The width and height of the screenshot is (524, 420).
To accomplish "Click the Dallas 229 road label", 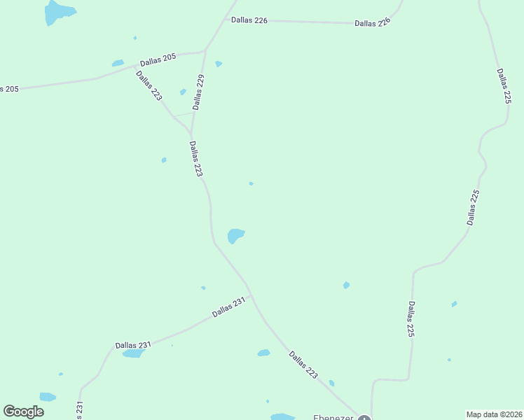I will point(199,92).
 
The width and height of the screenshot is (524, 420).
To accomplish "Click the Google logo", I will point(23,412).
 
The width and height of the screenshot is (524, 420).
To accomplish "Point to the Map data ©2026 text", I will point(494,414).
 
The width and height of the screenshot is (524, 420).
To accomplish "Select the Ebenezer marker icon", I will point(364,419).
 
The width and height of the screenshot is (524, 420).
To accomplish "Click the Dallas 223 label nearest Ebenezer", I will point(303,365).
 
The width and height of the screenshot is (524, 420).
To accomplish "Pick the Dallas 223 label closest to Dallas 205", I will point(149,85).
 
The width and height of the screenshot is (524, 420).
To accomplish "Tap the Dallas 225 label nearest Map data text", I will point(411,320).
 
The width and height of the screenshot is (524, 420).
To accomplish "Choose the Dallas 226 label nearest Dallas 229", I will point(250,20).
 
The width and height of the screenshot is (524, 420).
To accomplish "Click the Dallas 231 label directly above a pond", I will point(133,345).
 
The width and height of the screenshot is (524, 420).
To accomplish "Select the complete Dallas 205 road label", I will point(158,59).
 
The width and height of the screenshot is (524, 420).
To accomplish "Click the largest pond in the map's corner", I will point(58,12).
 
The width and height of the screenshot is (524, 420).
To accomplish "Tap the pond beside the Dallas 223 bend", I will point(235,236).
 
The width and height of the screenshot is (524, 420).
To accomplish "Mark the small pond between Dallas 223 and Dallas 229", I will point(183,92).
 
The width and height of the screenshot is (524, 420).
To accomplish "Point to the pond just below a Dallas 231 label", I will point(132,353).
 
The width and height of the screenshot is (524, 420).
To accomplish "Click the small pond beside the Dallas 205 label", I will point(118,63).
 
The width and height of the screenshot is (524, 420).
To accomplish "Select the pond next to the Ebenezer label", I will point(283,416).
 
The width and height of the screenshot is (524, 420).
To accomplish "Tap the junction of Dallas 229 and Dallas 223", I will point(191,134).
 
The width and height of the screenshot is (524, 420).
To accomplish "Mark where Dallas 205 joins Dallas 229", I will point(205,50).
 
